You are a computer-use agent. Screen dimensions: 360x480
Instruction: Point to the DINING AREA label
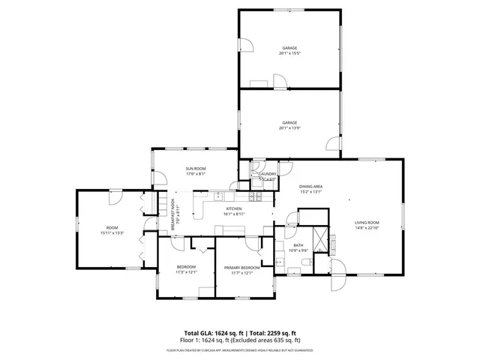pos(310,186)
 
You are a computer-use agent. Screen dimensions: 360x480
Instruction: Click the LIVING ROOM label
pos(367,223)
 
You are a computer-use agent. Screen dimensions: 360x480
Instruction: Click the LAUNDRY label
pos(268,174)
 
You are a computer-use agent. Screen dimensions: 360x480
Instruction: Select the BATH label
pos(298,245)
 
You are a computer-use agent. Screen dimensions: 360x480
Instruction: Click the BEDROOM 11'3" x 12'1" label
pos(186,268)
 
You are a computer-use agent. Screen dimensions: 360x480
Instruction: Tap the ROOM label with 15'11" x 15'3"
pos(112,228)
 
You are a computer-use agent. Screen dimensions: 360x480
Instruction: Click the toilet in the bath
pos(308,262)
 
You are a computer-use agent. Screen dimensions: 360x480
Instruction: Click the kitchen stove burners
pos(257,197)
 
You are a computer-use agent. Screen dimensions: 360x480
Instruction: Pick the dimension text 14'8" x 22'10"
pos(367,228)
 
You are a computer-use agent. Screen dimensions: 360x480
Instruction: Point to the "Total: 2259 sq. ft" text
pos(272,333)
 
